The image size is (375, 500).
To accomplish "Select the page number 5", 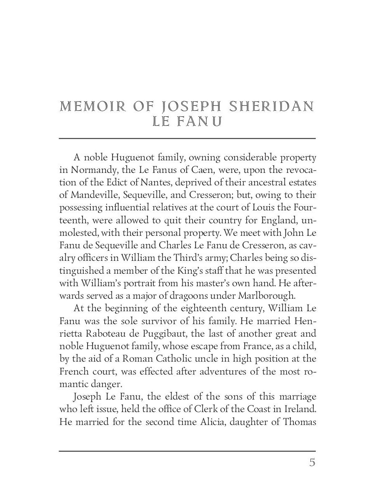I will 312,463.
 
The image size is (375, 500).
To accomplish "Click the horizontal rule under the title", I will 187,138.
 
